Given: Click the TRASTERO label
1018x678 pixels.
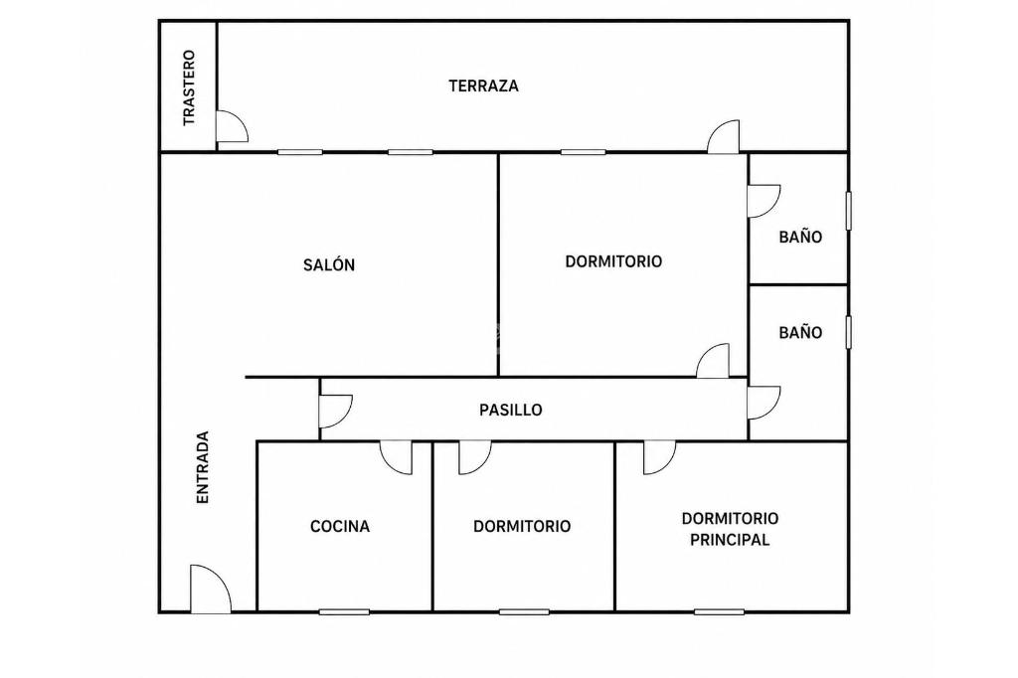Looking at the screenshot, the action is [189, 88].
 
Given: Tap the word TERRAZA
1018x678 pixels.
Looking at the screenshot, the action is [484, 85].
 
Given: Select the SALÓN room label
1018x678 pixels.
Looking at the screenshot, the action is [329, 265].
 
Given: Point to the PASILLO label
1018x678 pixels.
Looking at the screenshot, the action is [511, 410].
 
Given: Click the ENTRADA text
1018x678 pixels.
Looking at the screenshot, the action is [203, 467].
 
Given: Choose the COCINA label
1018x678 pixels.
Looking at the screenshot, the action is [340, 526].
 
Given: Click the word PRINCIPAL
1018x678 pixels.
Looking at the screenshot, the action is [730, 540].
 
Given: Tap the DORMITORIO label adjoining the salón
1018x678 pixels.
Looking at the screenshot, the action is [613, 261].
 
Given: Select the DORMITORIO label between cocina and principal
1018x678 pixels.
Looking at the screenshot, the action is [522, 526].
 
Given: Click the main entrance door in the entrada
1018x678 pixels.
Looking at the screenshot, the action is [211, 589].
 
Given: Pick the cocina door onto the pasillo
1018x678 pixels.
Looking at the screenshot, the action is [396, 458].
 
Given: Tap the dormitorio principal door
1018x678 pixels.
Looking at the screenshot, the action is [660, 458].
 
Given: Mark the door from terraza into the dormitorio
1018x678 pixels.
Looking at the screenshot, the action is [724, 136].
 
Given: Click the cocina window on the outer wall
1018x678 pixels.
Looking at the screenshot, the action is [344, 611].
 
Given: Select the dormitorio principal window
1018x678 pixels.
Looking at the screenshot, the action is [719, 611].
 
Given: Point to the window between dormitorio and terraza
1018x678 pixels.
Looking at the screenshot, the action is [583, 153].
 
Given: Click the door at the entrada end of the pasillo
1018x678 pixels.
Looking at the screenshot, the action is [336, 412].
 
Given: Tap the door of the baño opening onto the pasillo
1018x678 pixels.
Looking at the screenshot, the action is [764, 403].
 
